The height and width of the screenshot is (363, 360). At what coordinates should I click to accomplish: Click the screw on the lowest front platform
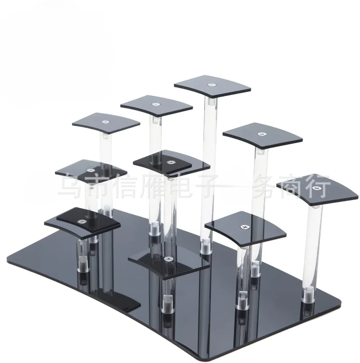coord(167,259)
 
